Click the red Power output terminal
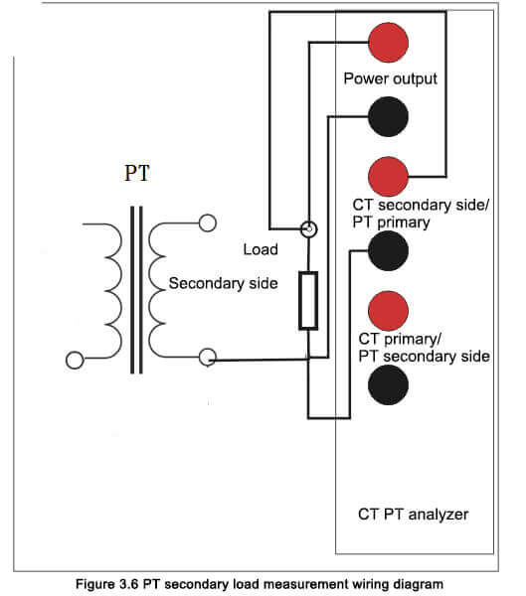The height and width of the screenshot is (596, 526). pos(388,42)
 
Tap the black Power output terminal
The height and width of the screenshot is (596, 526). pos(388,116)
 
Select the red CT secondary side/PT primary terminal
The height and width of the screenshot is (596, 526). pos(388,177)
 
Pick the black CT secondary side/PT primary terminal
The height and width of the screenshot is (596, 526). pos(388,250)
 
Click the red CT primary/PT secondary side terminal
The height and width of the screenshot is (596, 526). pos(388,311)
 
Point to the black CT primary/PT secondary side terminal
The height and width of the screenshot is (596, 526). pos(388,384)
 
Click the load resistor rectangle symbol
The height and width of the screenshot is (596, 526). pos(308,300)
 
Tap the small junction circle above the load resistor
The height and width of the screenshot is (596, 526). pos(308,229)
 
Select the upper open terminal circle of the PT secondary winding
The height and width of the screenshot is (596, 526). pos(208,223)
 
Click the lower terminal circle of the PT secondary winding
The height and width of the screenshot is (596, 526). pos(208,358)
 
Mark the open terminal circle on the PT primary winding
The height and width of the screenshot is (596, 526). pos(75,360)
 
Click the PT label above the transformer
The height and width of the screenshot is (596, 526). pos(137,173)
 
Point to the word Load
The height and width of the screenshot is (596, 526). pos(261,249)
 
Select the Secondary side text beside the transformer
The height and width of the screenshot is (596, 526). pos(223,283)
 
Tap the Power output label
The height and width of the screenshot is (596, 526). pos(390,78)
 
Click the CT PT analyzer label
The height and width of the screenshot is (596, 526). pos(414,515)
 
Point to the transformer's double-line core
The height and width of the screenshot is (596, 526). pos(136,290)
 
